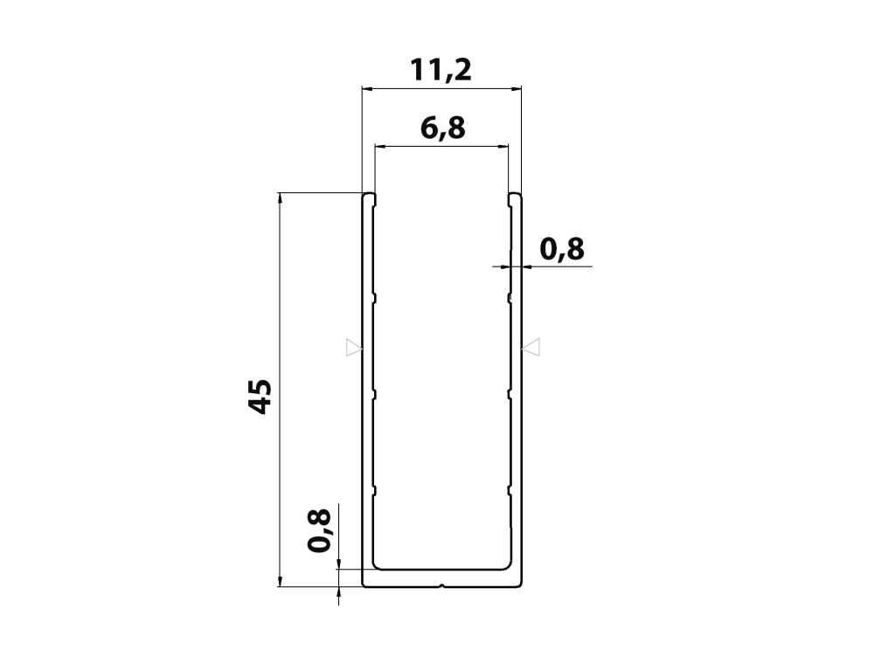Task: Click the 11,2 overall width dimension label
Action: coord(441,70)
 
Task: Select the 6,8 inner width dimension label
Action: coord(443,128)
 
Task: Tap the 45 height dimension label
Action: coord(260,396)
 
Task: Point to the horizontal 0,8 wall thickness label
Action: coord(562,249)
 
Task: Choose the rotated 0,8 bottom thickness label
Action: coord(319,530)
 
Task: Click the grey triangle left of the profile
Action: coord(354,347)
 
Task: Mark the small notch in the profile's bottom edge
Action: coord(441,585)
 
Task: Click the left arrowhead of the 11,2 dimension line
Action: coord(368,89)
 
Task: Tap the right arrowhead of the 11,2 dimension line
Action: coord(516,89)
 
